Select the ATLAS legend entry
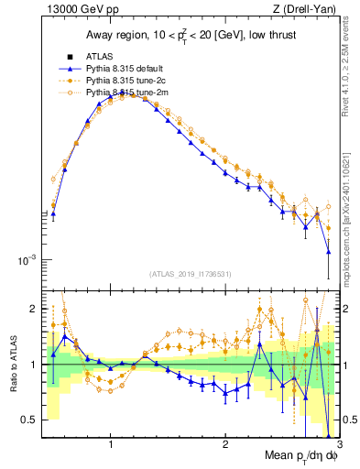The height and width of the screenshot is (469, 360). point(98,56)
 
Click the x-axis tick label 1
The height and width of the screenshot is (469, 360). point(111,445)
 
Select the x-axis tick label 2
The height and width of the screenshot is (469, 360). point(225,445)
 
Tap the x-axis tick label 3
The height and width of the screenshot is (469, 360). point(338,445)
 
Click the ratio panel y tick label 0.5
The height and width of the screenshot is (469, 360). point(28,420)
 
